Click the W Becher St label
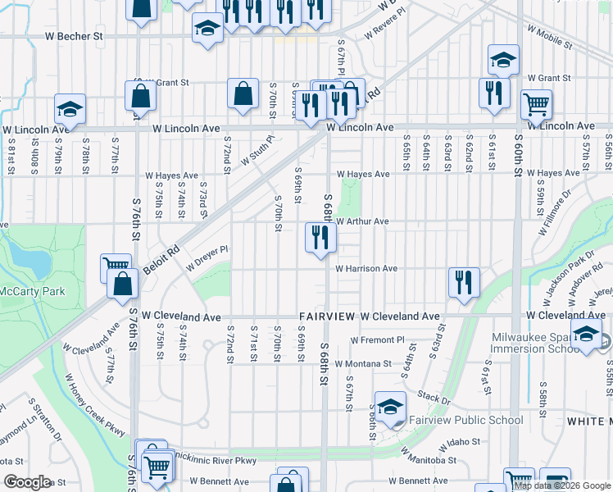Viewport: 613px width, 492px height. point(74,36)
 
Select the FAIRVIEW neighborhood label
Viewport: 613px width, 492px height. point(326,316)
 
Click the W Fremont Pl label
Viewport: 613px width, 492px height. point(378,339)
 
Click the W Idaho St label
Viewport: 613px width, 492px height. point(446,443)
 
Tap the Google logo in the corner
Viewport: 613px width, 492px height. point(27,481)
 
